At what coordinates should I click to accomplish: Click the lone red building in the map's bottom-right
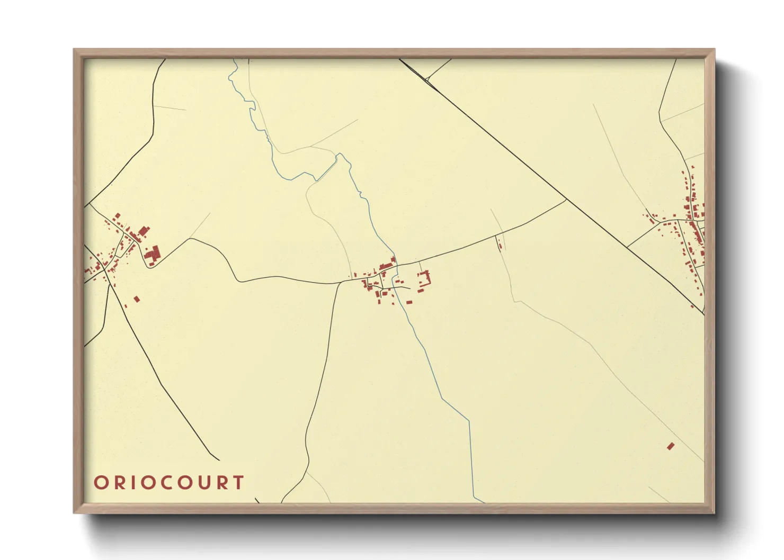671,446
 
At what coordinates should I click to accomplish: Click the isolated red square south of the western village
137,299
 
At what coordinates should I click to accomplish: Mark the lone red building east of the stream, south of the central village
409,302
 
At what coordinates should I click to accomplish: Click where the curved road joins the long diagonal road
566,200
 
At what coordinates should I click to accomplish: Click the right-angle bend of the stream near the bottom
469,420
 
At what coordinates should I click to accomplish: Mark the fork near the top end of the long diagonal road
427,79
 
